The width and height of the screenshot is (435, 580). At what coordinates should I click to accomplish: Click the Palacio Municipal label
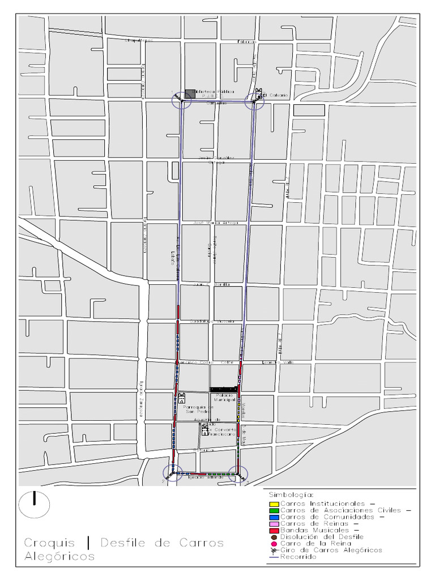pos(224,397)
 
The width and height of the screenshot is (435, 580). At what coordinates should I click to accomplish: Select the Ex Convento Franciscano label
pos(221,431)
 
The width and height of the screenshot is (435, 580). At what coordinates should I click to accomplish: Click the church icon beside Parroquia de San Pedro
pos(182,398)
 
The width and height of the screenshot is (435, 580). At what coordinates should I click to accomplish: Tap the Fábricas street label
pos(247,41)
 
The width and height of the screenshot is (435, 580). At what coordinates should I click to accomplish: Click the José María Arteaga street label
pos(216,223)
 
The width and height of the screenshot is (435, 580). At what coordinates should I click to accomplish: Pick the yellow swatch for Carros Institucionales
pos(273,504)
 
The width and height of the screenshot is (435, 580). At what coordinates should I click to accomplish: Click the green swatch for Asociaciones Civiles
pos(273,510)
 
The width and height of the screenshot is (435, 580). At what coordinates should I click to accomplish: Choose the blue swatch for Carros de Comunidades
pos(273,517)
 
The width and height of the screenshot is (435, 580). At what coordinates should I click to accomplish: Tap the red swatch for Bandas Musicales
pos(273,530)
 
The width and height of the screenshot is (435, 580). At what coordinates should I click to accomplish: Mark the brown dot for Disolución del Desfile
pos(273,537)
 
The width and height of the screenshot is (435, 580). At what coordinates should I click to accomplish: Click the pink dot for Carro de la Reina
pos(273,544)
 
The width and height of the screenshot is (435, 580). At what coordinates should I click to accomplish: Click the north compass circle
pos(34,504)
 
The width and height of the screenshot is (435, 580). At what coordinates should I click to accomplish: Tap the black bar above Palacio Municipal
pos(224,390)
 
